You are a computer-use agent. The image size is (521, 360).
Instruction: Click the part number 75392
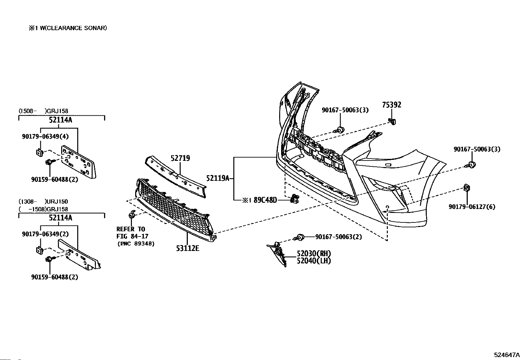[x=392, y=105]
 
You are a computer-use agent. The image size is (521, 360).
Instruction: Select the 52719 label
[x=180, y=158]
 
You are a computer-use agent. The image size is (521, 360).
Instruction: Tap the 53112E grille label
[x=188, y=248]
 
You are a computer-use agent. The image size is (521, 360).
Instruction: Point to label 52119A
[x=218, y=178]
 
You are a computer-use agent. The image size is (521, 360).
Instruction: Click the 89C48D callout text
[x=265, y=200]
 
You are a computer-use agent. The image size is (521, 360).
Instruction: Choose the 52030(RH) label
[x=314, y=253]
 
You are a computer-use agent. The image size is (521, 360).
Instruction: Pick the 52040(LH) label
[x=314, y=260]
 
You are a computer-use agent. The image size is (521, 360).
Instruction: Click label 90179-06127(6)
[x=472, y=207]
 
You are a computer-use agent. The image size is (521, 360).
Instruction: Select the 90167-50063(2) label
[x=339, y=237]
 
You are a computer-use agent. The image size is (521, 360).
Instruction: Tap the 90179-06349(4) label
[x=45, y=136]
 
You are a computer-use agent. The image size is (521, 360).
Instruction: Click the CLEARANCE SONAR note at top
[x=68, y=28]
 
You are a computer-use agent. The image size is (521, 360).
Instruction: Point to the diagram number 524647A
[x=507, y=355]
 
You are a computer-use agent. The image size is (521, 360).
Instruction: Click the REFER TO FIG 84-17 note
[x=132, y=233]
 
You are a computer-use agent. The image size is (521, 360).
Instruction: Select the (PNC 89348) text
[x=136, y=244]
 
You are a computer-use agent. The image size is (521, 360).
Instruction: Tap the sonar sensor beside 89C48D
[x=295, y=199]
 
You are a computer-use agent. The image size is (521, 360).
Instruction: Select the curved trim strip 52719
[x=176, y=176]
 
